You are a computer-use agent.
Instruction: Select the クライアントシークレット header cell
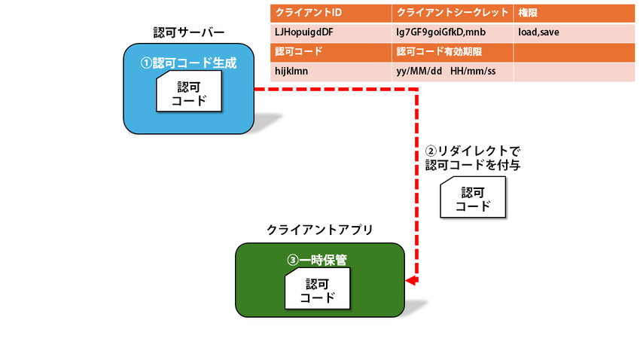(453, 14)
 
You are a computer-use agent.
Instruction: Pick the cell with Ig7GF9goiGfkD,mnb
(453, 32)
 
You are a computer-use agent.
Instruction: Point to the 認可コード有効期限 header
(453, 52)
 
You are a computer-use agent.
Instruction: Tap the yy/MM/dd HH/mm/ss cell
(453, 71)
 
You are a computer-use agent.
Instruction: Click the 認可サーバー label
(188, 32)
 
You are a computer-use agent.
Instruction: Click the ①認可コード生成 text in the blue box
(188, 63)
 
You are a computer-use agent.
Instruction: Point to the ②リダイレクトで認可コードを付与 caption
(468, 157)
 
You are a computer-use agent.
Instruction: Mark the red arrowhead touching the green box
(410, 280)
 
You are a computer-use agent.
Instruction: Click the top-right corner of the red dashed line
(416, 89)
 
